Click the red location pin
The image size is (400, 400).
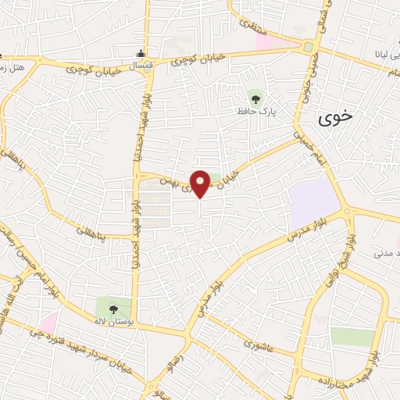(x=200, y=183)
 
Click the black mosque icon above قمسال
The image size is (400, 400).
(x=139, y=54)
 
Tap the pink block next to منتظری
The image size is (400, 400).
(x=266, y=39)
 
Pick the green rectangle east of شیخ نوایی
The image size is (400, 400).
(x=352, y=337)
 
